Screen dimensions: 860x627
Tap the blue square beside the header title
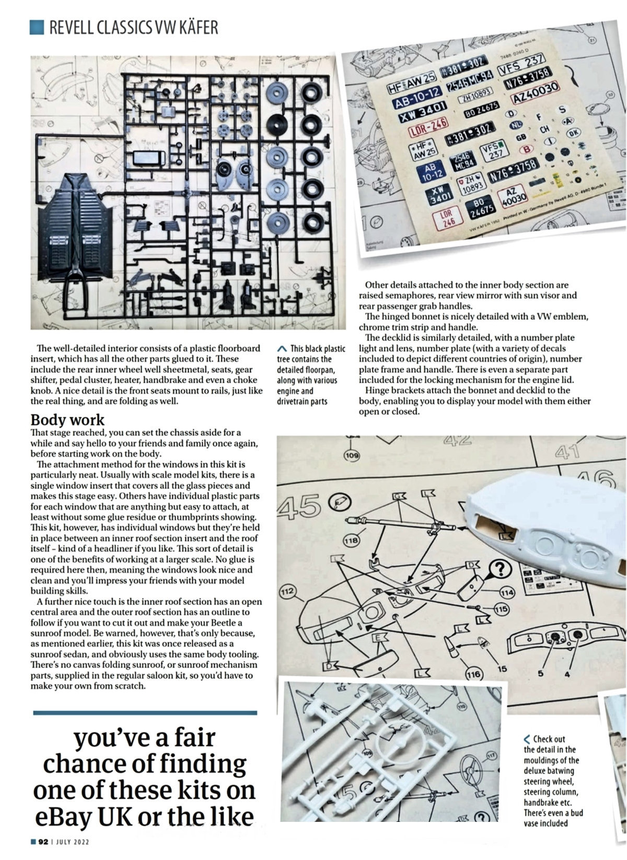click(x=37, y=27)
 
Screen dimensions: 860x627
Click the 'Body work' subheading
click(x=67, y=420)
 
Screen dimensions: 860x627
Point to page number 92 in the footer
click(x=43, y=842)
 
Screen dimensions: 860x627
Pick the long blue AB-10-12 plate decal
click(x=416, y=95)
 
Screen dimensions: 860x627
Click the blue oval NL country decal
click(x=517, y=125)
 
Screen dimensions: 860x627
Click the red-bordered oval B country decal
click(x=528, y=149)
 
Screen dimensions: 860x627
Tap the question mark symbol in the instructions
click(x=502, y=568)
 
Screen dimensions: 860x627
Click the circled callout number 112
click(x=286, y=592)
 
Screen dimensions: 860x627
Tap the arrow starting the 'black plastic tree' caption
click(x=282, y=348)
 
